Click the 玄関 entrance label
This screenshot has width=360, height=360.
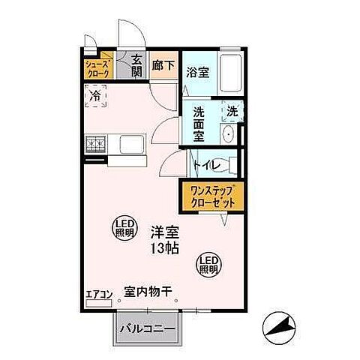coord(137,66)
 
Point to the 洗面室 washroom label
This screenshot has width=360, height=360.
coord(199,124)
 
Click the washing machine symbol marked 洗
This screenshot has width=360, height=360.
coord(232,112)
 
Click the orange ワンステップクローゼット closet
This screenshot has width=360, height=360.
coord(209,196)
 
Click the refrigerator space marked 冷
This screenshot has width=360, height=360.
coord(96,96)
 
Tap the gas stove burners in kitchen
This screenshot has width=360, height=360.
coord(97,142)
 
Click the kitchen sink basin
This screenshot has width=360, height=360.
coord(132,143)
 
